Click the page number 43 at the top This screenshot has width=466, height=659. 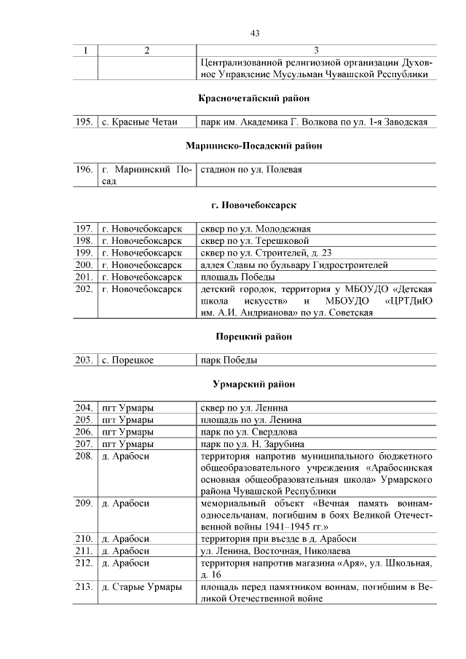click(x=255, y=33)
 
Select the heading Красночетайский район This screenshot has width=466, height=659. click(x=254, y=98)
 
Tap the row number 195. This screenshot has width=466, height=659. click(x=84, y=122)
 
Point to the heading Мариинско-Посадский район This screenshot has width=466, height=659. click(x=254, y=146)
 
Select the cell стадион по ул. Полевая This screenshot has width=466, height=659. click(x=251, y=170)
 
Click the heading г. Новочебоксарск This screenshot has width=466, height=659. click(x=254, y=205)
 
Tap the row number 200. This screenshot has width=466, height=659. click(x=84, y=264)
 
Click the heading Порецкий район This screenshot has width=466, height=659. click(x=254, y=336)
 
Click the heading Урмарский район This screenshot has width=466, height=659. click(x=254, y=384)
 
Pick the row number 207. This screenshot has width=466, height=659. click(x=84, y=443)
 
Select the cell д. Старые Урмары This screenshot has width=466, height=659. click(x=141, y=586)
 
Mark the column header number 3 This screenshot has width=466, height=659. click(x=315, y=50)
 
